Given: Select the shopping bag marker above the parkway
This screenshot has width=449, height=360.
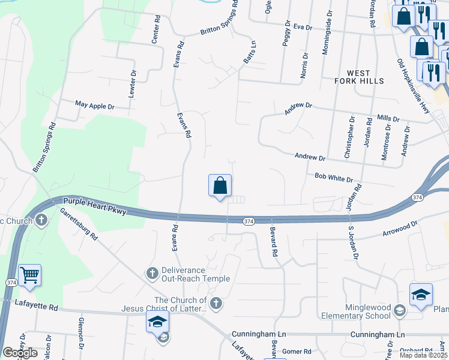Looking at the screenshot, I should (x=220, y=185).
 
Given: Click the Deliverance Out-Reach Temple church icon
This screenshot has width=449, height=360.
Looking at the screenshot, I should (x=152, y=274).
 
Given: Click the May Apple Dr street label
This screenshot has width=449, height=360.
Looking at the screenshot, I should (x=94, y=106).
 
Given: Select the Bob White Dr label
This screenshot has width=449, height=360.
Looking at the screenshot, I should (x=334, y=178).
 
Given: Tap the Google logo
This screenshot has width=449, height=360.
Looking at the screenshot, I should (x=19, y=353).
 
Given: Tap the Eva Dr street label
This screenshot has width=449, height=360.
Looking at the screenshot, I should (x=304, y=27).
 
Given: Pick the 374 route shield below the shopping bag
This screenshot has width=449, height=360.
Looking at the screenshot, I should (x=249, y=221).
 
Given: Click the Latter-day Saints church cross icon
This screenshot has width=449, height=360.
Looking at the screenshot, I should (x=216, y=304).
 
